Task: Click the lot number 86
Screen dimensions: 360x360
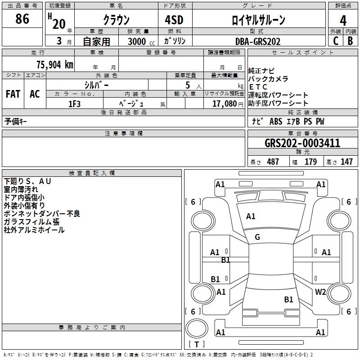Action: point(22,19)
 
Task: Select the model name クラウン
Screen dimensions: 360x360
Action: point(116,19)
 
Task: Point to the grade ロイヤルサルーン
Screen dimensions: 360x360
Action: point(258,20)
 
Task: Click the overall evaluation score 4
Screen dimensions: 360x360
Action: point(343,20)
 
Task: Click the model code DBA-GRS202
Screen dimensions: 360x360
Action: point(258,41)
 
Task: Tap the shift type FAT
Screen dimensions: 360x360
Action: point(13,94)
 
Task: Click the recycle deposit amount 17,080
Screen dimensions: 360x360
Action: point(224,103)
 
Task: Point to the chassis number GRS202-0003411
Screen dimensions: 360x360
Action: point(302,143)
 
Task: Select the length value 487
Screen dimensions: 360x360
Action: point(273,162)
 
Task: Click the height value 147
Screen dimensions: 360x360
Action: point(346,162)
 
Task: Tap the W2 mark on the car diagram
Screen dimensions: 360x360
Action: point(320,292)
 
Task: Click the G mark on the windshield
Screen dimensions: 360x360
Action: point(257,237)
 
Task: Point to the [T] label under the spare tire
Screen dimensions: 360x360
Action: point(197,345)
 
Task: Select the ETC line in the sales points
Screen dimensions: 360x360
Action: point(258,87)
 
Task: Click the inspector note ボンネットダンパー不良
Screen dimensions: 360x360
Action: point(42,213)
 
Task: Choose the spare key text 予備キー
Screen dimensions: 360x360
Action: point(16,121)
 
